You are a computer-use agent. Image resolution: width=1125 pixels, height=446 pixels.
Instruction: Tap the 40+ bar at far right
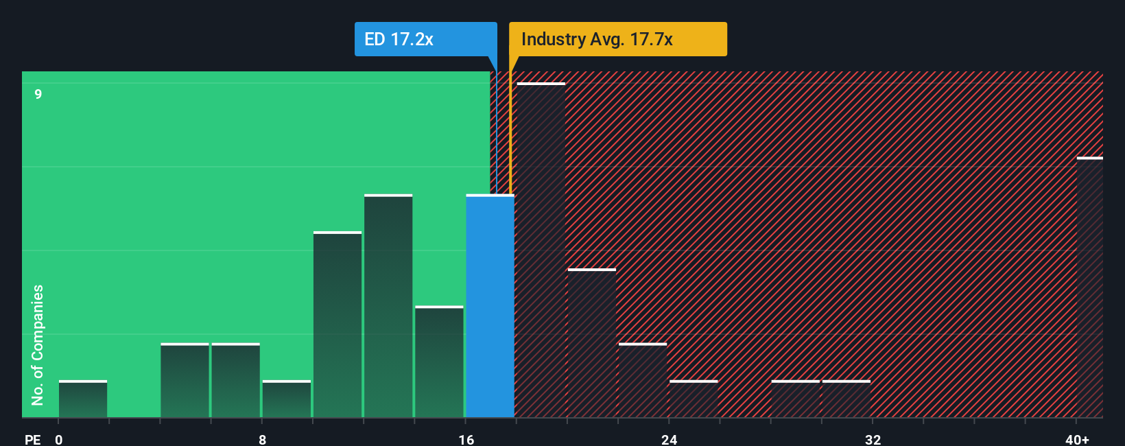1089,288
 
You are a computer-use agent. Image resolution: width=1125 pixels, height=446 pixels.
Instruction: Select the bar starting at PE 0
83,399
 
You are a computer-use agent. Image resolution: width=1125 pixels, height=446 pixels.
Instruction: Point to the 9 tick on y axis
38,94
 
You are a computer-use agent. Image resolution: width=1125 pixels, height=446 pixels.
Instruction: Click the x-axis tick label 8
262,439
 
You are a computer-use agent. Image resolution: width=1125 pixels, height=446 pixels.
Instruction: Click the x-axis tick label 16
466,439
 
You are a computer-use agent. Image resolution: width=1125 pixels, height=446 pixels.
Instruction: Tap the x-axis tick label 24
670,439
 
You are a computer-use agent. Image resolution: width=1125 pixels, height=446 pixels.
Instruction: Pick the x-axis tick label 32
873,439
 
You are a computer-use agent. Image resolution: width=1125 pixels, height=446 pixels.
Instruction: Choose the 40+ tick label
1077,439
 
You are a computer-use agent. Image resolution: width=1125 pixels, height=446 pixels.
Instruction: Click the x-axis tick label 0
59,439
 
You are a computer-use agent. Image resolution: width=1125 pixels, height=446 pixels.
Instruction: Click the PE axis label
32,439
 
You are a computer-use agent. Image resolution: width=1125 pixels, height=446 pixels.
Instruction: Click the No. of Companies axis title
38,344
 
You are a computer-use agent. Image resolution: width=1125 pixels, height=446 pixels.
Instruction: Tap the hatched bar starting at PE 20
591,343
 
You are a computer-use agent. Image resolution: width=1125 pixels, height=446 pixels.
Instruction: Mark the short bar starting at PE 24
694,399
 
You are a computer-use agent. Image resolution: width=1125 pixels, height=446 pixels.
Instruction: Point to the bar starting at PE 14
439,362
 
